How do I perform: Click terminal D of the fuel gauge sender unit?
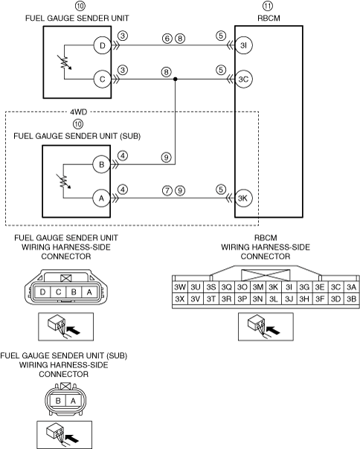(103, 45)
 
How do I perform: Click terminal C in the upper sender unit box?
(102, 80)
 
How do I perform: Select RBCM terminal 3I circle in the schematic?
(244, 45)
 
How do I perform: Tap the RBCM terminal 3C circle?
(244, 80)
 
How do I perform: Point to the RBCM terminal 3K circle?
(243, 198)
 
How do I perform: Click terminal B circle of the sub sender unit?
(101, 164)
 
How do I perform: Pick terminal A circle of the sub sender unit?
(101, 198)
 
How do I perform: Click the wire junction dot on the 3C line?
(176, 79)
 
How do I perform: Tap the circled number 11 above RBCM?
(268, 6)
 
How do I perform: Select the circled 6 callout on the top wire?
(167, 39)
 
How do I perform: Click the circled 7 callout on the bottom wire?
(167, 190)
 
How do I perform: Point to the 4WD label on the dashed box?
(78, 112)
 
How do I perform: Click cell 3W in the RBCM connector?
(180, 287)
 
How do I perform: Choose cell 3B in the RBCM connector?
(351, 299)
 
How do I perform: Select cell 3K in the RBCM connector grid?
(273, 287)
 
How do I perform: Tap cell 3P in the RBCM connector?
(242, 299)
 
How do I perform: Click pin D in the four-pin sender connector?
(42, 292)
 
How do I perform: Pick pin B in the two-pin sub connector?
(58, 401)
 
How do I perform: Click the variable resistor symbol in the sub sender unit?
(64, 181)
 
